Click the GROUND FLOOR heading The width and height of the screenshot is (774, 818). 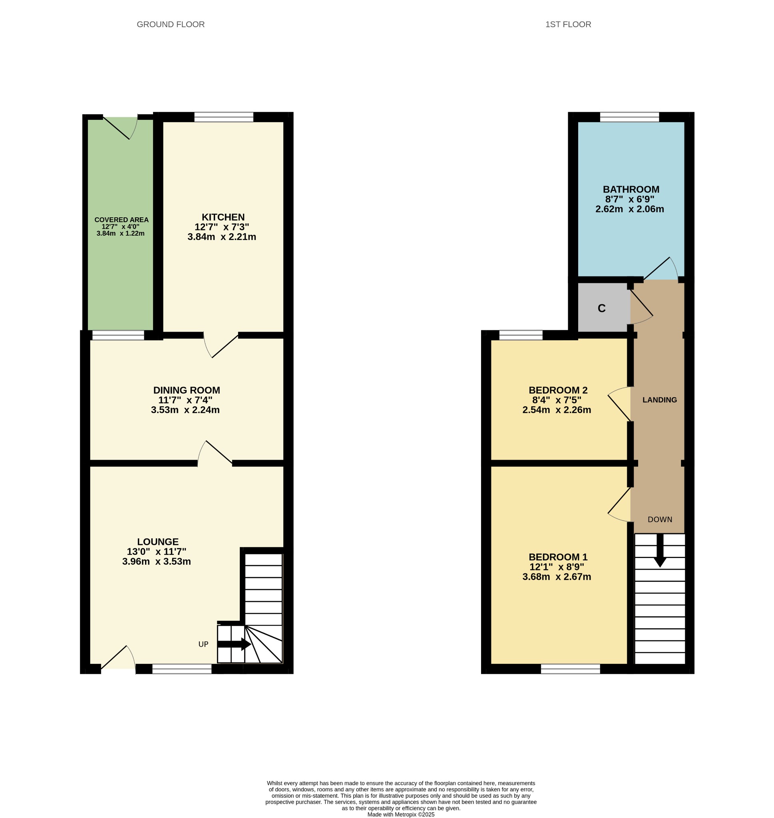(x=170, y=24)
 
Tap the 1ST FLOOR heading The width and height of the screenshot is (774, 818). (x=568, y=24)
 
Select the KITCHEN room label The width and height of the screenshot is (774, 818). (x=223, y=217)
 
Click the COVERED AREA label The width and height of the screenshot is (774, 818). (x=121, y=220)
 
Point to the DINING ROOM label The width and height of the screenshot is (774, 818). (x=187, y=390)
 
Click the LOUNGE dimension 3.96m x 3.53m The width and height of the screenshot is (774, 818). (x=156, y=562)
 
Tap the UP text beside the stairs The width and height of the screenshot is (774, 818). (x=203, y=644)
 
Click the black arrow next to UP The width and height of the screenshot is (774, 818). (x=233, y=644)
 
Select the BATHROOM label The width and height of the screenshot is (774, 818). (x=631, y=189)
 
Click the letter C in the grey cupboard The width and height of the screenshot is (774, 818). (x=601, y=308)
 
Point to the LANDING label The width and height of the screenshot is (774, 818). (x=659, y=400)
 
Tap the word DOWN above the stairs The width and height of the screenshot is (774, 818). (x=659, y=520)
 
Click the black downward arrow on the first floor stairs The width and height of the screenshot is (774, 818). (x=660, y=551)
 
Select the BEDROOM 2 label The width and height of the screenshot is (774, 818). (x=558, y=390)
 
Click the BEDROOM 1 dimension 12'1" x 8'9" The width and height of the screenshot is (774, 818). (x=557, y=567)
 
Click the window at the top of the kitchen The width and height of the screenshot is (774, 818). (x=224, y=117)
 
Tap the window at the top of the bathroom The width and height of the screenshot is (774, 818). (x=629, y=117)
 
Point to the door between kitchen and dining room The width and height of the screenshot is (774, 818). (x=221, y=345)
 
